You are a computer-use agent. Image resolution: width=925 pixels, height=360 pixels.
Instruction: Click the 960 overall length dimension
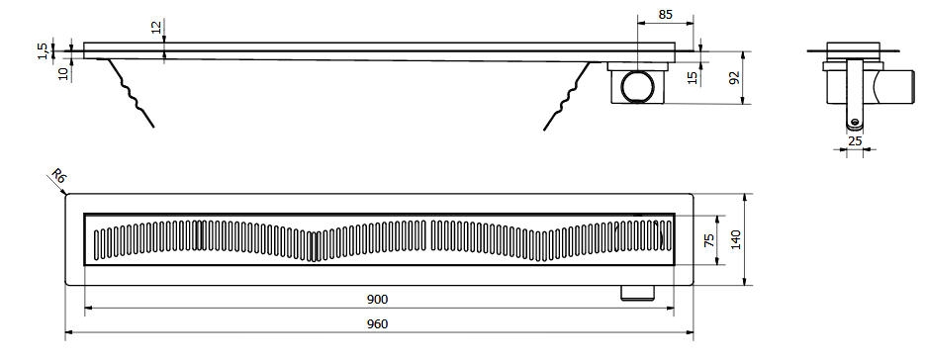point(378,324)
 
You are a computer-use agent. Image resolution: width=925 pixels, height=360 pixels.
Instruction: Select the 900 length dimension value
point(378,300)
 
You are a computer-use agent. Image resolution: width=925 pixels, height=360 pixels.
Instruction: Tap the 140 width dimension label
point(736,239)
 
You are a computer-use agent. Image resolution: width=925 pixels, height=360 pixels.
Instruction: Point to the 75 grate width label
point(709,239)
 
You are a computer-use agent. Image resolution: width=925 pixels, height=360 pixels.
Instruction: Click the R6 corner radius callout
point(57,176)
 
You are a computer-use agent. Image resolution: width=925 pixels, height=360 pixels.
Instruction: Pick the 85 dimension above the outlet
point(666,15)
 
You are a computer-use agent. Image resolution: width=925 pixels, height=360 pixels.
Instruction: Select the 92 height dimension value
point(734,77)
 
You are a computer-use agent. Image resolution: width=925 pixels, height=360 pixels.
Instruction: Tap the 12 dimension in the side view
point(156,26)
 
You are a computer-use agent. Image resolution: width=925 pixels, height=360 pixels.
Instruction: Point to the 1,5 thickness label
point(43,50)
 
